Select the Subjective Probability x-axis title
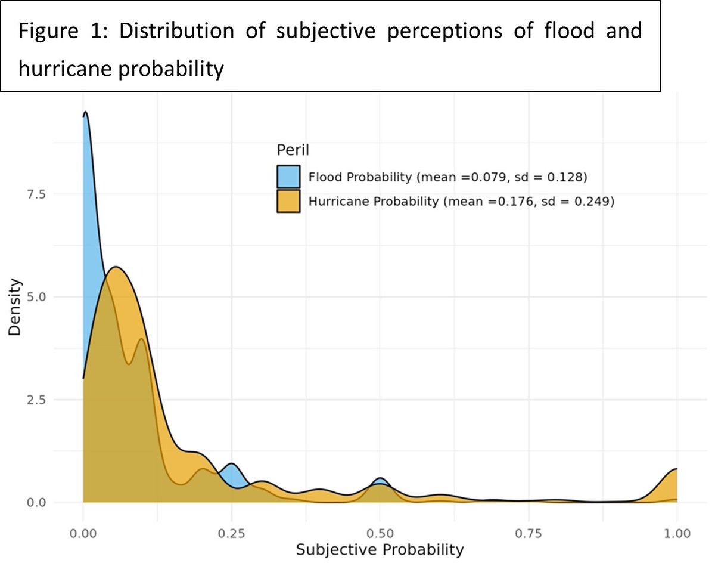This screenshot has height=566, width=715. coord(380,549)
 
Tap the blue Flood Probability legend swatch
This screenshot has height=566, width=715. coord(288,177)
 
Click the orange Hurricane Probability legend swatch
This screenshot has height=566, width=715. coord(288,202)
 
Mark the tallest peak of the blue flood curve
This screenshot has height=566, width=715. coord(86,112)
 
